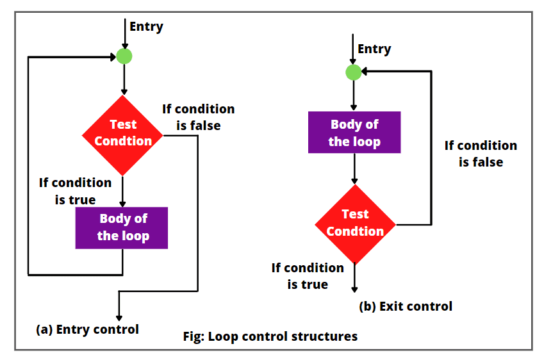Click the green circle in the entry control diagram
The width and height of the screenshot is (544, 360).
(x=124, y=56)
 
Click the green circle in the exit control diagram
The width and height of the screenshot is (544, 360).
(x=354, y=72)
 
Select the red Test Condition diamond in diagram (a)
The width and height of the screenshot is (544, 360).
(x=122, y=135)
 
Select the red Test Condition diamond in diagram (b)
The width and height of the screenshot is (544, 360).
(x=355, y=224)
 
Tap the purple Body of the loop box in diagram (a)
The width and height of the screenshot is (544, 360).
(x=122, y=227)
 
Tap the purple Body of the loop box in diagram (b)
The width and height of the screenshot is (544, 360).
(x=354, y=133)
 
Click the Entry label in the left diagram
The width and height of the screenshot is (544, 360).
(x=146, y=26)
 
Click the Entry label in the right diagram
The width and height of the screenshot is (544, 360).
(x=374, y=49)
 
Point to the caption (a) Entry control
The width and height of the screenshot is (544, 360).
(x=87, y=329)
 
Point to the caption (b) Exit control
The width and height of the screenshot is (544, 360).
(x=406, y=306)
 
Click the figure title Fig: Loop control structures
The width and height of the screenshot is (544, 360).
(x=270, y=336)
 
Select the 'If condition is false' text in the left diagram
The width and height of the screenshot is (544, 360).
(x=198, y=117)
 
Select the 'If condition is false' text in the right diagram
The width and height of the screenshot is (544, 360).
(x=481, y=154)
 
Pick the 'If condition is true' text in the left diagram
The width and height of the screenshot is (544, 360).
(x=75, y=191)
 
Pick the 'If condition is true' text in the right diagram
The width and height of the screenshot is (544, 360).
(x=308, y=276)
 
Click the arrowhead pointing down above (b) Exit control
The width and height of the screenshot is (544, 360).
(x=354, y=289)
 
